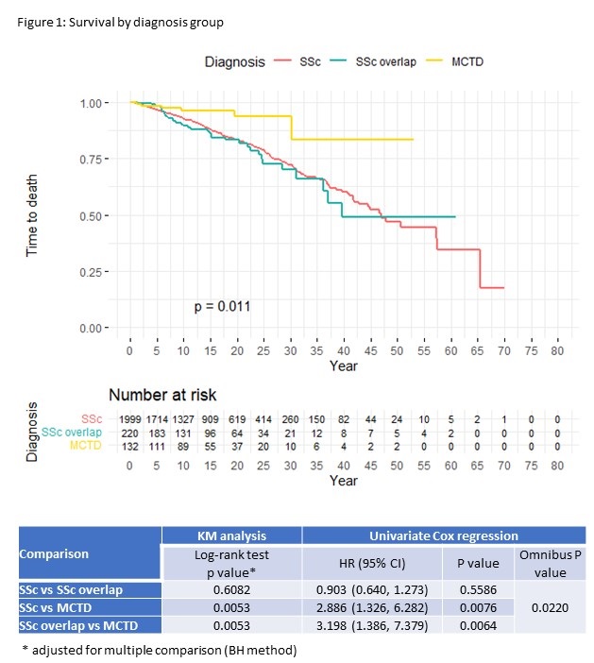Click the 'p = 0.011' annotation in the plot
(x=222, y=305)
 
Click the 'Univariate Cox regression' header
(x=444, y=535)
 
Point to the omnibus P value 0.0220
(x=550, y=607)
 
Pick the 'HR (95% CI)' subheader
(x=371, y=563)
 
